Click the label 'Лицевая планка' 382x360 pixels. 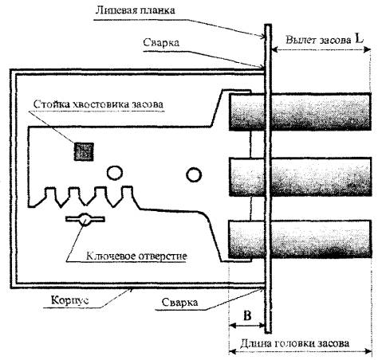tap(135, 10)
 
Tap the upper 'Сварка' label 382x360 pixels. tap(161, 43)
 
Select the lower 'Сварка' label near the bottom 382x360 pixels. tap(179, 303)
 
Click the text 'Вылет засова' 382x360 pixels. tap(318, 41)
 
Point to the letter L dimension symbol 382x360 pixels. tap(359, 39)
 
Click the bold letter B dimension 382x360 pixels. tap(247, 315)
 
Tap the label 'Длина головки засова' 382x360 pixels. tap(294, 343)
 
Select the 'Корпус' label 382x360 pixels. tap(70, 300)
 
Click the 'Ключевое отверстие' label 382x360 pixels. tap(136, 256)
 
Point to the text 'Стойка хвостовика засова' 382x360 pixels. tap(98, 104)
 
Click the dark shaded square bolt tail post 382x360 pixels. tap(84, 151)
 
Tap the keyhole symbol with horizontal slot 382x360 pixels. tap(85, 220)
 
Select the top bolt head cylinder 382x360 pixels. tap(300, 112)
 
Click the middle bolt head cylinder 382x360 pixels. tap(300, 177)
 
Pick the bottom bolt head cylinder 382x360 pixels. tap(300, 240)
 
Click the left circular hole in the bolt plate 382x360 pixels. tap(115, 172)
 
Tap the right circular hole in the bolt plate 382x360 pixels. tap(194, 174)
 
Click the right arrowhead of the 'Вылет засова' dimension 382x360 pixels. tap(368, 49)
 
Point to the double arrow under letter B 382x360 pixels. tap(246, 325)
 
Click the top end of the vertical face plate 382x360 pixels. tap(268, 25)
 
